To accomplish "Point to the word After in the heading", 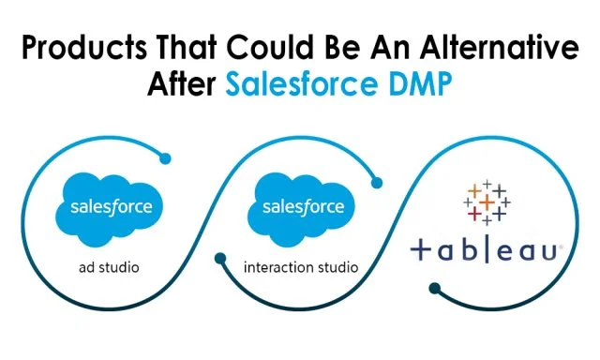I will tap(184, 85).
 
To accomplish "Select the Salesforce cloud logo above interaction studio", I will tap(301, 207).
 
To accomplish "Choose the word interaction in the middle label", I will tap(277, 267).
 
